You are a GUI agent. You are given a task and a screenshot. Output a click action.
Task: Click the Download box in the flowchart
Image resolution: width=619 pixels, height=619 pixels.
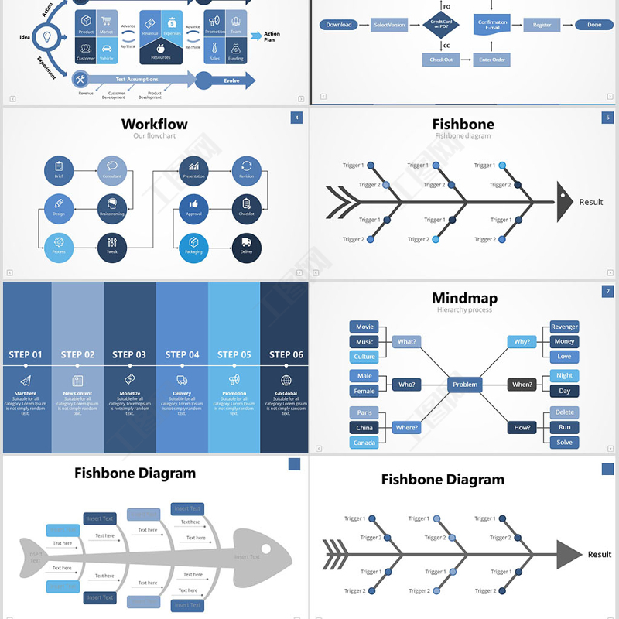pyautogui.click(x=339, y=25)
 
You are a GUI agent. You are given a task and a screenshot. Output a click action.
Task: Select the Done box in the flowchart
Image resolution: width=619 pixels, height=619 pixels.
pyautogui.click(x=594, y=25)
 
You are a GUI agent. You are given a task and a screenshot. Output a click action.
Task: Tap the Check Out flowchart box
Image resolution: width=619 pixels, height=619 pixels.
pyautogui.click(x=441, y=60)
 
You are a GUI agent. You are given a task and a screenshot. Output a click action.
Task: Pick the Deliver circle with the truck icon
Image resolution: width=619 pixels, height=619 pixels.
pyautogui.click(x=246, y=248)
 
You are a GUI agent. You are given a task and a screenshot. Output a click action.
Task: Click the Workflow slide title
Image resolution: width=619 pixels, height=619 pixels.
pyautogui.click(x=155, y=124)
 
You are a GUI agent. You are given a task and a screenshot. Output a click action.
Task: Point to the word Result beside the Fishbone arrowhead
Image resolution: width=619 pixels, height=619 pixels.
pyautogui.click(x=591, y=202)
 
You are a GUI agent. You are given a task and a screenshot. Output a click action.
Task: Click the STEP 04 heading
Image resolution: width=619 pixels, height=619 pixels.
pyautogui.click(x=183, y=355)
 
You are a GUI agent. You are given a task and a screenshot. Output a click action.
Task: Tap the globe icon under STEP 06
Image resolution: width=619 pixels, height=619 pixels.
pyautogui.click(x=286, y=381)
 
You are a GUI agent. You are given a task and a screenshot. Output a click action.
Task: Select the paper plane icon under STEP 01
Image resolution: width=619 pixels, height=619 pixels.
pyautogui.click(x=26, y=381)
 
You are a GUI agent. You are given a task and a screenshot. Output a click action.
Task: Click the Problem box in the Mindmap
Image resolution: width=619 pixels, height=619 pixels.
pyautogui.click(x=465, y=385)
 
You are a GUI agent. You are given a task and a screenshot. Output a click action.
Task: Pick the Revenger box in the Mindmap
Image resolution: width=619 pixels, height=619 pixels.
pyautogui.click(x=565, y=327)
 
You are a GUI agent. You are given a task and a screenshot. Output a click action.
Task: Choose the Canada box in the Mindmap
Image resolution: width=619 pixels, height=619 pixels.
pyautogui.click(x=364, y=443)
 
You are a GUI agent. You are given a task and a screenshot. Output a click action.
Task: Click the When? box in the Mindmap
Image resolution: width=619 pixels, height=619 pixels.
pyautogui.click(x=522, y=385)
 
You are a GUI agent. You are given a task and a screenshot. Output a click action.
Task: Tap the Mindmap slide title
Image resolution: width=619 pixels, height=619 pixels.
pyautogui.click(x=464, y=298)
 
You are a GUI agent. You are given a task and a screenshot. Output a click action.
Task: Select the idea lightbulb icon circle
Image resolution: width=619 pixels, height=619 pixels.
pyautogui.click(x=46, y=36)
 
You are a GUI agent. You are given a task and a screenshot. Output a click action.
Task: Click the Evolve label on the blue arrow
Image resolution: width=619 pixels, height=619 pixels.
pyautogui.click(x=231, y=80)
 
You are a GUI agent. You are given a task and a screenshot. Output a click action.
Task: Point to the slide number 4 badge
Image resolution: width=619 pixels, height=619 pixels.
pyautogui.click(x=296, y=118)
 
